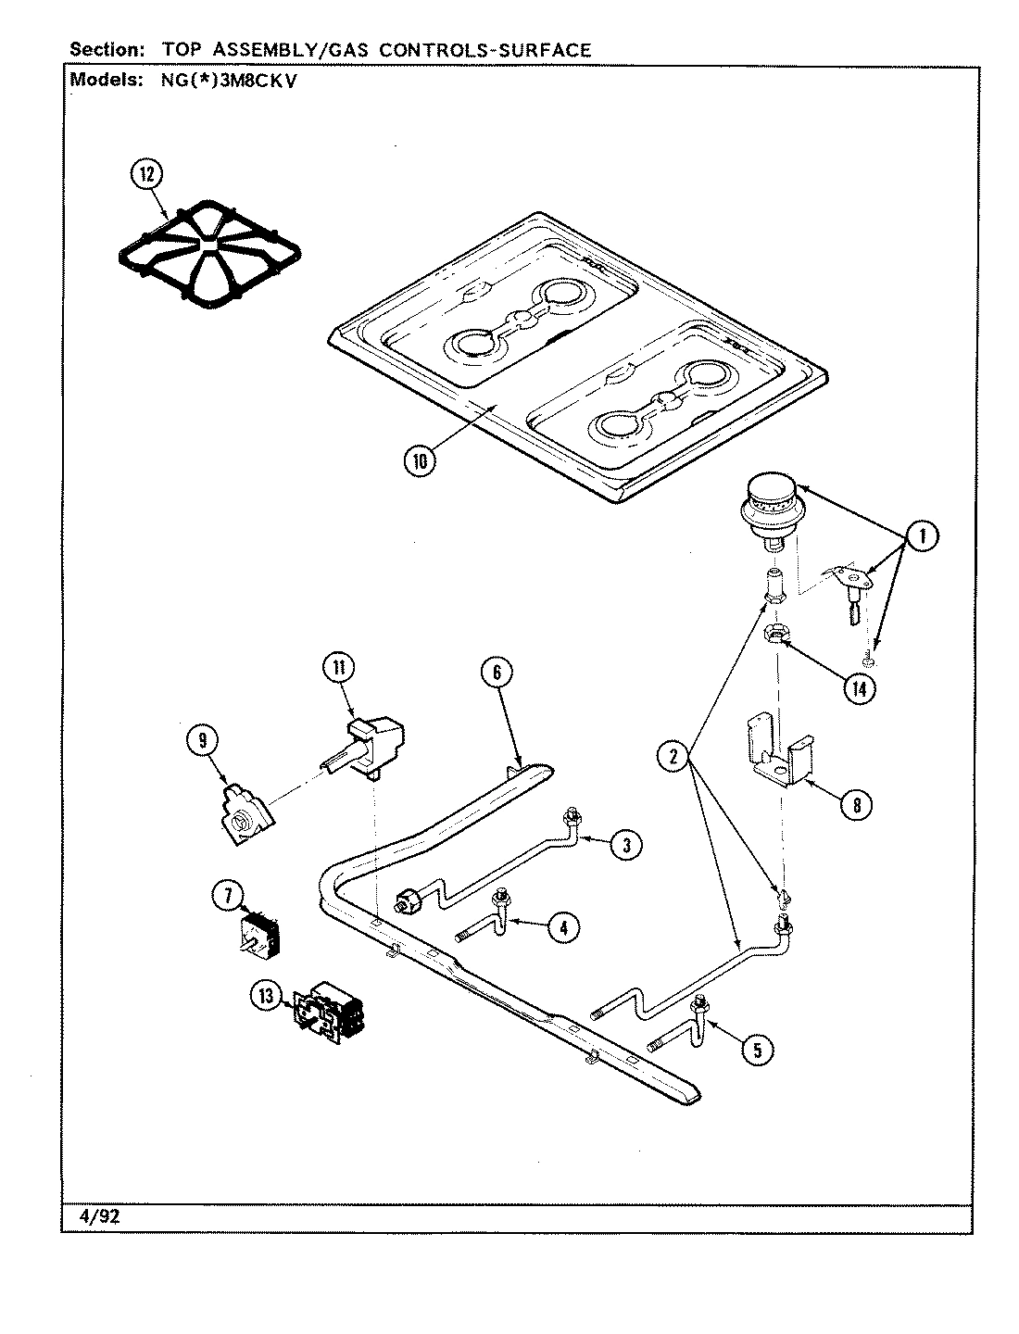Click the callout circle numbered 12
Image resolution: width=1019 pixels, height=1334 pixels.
pos(147,174)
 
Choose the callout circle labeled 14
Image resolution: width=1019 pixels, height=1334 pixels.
pos(862,689)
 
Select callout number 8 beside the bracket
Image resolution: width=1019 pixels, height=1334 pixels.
pos(856,804)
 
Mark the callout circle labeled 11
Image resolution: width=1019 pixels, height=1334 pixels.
pos(339,667)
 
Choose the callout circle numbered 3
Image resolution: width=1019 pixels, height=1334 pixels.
pos(626,844)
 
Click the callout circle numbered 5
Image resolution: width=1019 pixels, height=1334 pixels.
pos(757,1049)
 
